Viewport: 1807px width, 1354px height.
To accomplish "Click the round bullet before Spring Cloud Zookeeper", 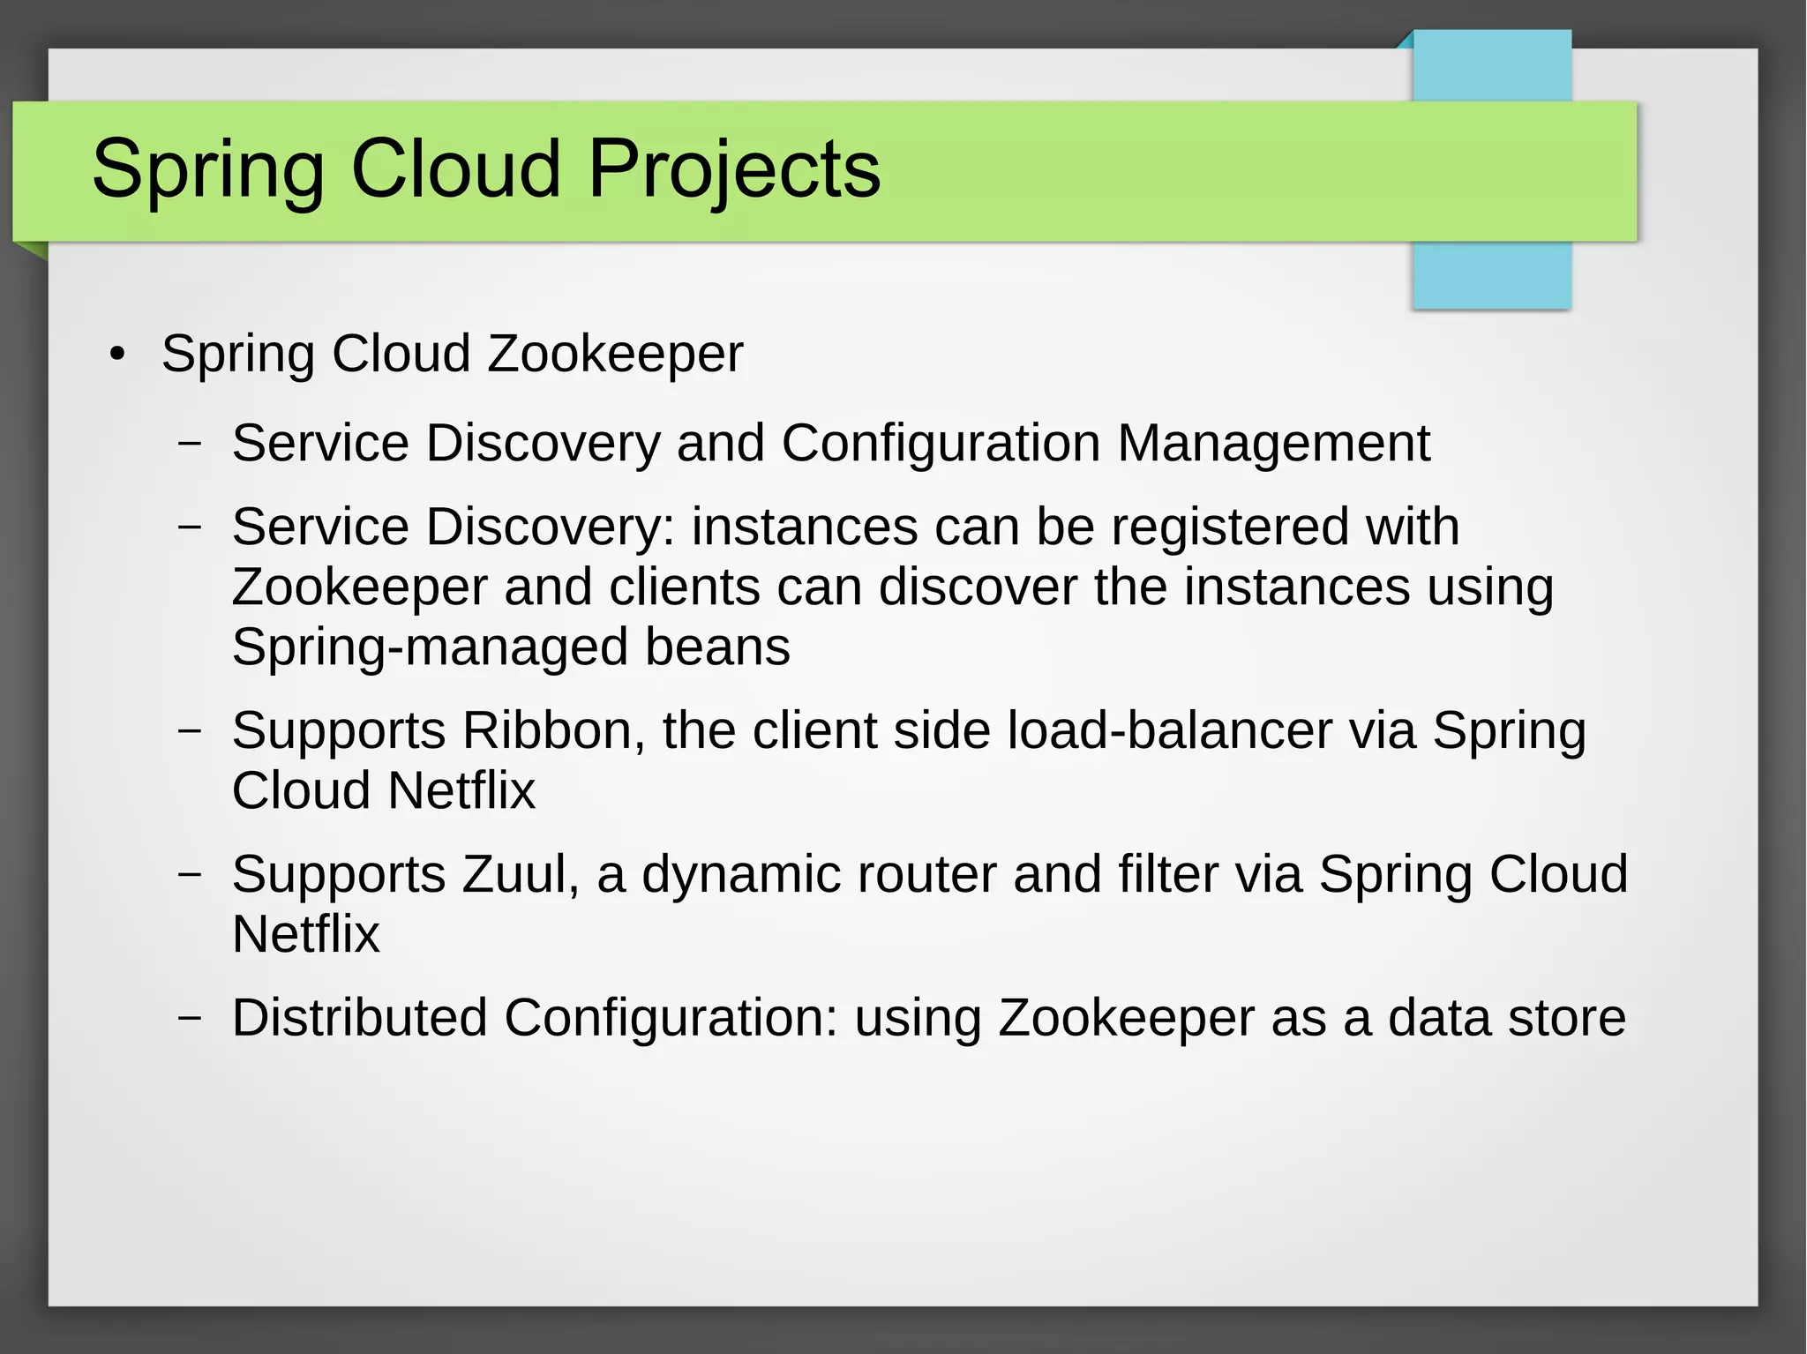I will [x=117, y=355].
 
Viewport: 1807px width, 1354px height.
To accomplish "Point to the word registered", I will [x=1229, y=527].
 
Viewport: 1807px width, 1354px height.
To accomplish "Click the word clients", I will [x=684, y=587].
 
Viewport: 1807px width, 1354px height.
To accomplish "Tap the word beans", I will [x=717, y=647].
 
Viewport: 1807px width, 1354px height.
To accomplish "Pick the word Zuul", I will [x=520, y=874].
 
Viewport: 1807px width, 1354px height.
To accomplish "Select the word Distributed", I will [x=359, y=1017].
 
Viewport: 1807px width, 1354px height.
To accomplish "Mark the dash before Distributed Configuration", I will [x=190, y=1017].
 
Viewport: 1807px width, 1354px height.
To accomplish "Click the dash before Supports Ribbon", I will [x=190, y=730].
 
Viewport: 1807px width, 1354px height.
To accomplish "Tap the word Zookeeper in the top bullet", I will [x=615, y=354].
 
